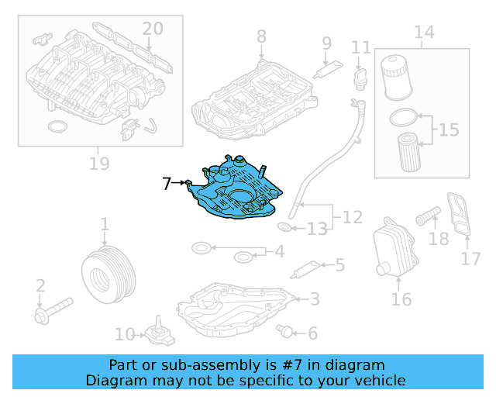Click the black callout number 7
point(167,183)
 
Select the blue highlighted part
point(236,190)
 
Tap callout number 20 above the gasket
point(153,29)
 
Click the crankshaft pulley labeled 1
point(108,274)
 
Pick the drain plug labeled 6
point(284,331)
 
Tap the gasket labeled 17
point(459,214)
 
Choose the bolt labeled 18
point(428,216)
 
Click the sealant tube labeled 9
point(327,69)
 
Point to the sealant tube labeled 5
point(305,270)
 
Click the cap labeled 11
point(360,79)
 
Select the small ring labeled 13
point(284,226)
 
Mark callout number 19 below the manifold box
point(99,164)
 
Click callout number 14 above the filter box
point(424,32)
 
